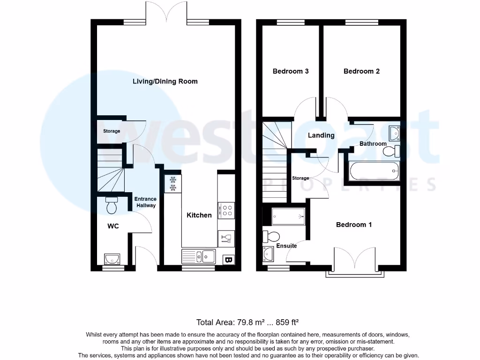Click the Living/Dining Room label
click(x=165, y=81)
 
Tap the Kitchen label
click(x=199, y=215)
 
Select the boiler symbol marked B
click(x=229, y=259)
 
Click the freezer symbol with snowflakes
click(x=172, y=184)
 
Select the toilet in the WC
click(x=112, y=205)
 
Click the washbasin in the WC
click(x=112, y=258)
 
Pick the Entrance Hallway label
click(x=145, y=202)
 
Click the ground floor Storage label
click(x=112, y=131)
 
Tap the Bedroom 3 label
click(x=290, y=71)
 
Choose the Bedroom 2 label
click(x=361, y=71)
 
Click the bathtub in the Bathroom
click(x=375, y=171)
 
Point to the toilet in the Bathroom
click(x=390, y=151)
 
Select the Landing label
click(x=321, y=135)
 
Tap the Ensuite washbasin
click(x=269, y=254)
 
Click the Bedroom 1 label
click(x=354, y=225)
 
